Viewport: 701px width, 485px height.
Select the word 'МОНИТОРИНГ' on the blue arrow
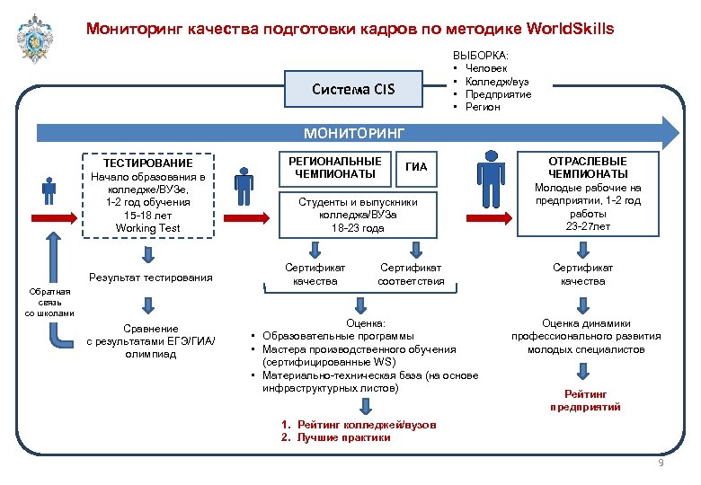pos(354,133)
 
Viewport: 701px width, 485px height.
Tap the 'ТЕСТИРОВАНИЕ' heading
pos(148,163)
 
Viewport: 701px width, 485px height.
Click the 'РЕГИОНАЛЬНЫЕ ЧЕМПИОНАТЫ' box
pos(335,167)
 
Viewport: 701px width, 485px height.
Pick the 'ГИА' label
pos(417,167)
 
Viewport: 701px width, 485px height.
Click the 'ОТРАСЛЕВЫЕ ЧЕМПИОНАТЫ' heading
pos(589,167)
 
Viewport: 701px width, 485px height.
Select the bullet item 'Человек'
pos(489,69)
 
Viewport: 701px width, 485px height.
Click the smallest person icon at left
pos(49,190)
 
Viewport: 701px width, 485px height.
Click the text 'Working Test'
pos(148,228)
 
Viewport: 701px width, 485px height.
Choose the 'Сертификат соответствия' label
pos(411,274)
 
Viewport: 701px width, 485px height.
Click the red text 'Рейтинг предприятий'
pos(585,401)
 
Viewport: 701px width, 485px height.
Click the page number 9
pos(661,463)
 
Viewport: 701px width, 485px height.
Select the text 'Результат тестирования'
pos(151,278)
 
